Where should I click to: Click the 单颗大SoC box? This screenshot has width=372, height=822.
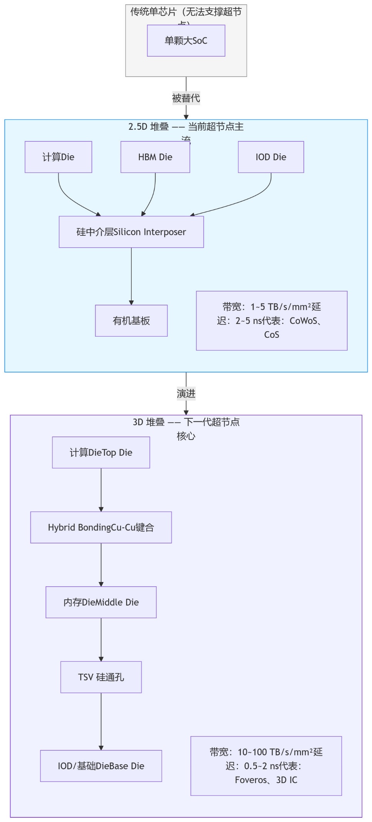point(186,40)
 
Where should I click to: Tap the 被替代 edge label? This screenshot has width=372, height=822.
point(186,98)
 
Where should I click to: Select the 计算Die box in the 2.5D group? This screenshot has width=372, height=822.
point(58,157)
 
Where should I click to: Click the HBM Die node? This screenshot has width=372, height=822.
point(155,157)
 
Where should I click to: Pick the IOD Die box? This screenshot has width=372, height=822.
point(271,157)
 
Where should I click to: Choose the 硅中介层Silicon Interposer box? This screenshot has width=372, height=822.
point(131,232)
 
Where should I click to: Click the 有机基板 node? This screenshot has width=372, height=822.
point(131,320)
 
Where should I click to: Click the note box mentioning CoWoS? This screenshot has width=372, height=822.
point(271,320)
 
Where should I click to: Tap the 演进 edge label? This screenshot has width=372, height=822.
point(186,394)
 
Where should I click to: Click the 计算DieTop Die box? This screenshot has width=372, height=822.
point(101,452)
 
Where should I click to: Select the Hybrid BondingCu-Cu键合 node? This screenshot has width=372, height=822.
point(101,527)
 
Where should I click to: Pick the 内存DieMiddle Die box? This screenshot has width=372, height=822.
point(101,602)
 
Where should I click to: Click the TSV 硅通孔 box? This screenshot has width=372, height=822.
point(101,677)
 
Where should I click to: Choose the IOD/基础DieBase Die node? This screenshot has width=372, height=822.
point(101,766)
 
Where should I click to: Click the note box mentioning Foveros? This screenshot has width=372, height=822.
point(266,766)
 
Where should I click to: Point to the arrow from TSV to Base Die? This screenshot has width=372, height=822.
point(101,720)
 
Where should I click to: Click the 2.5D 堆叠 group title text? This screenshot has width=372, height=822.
point(186,127)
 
